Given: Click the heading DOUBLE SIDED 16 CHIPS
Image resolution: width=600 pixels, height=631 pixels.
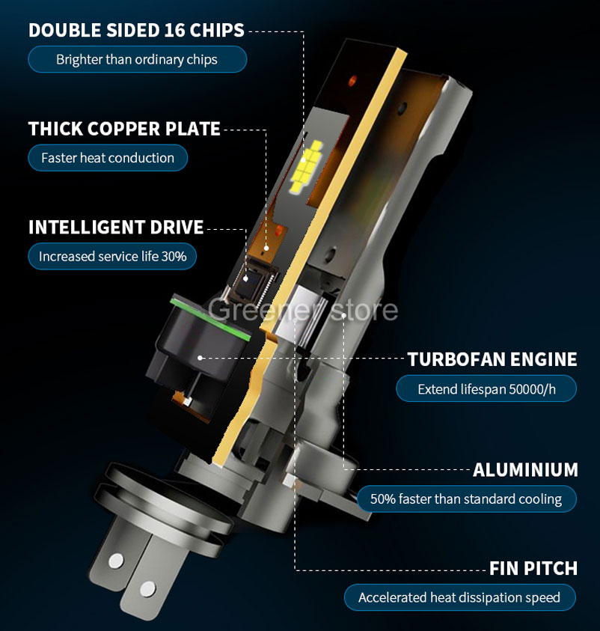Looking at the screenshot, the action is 136,31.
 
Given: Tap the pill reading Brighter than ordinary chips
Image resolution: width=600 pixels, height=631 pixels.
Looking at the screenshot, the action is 137,60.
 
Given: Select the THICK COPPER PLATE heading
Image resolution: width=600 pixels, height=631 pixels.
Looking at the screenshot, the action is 124,129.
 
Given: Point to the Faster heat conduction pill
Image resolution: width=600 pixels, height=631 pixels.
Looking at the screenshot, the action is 108,158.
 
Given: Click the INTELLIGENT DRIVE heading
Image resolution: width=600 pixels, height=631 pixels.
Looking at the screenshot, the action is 116,228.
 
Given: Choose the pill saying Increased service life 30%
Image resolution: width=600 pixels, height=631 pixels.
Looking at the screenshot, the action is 112,256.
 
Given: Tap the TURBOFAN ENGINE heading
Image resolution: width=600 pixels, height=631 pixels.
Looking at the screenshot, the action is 492,359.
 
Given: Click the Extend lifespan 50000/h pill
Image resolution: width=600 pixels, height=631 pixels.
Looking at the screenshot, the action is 486,388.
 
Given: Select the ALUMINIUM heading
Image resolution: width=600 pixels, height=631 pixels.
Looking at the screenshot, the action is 525,469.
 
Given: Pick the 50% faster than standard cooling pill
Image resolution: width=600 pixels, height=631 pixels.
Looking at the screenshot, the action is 467,499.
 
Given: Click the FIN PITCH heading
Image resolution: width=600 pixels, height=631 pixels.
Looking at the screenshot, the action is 533,568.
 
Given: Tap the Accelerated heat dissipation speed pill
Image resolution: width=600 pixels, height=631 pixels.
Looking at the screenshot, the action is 459,597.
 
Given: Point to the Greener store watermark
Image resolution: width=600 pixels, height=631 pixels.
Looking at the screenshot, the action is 302,311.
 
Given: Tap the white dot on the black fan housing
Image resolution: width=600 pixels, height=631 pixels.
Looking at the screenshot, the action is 200,357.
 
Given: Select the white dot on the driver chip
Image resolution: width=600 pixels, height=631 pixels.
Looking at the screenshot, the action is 245,278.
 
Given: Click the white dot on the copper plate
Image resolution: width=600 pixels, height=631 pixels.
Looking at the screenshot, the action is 266,248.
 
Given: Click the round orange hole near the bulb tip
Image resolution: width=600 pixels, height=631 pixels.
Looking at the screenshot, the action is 352,80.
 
